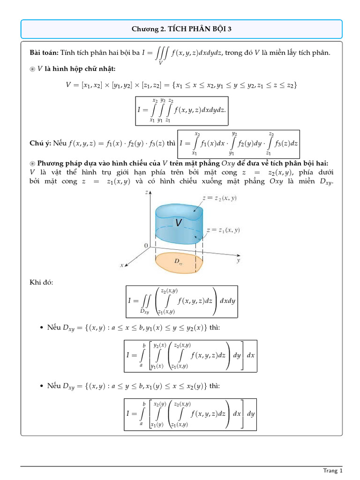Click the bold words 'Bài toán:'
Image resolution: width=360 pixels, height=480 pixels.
pyautogui.click(x=44, y=53)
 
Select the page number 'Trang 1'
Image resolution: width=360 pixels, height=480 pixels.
pyautogui.click(x=333, y=470)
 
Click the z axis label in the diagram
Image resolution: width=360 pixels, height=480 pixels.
pyautogui.click(x=148, y=192)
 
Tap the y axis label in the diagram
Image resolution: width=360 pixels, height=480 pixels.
pyautogui.click(x=239, y=260)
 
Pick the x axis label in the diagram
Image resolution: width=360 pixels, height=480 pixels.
pyautogui.click(x=122, y=265)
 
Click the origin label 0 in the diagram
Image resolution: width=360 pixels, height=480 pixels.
pyautogui.click(x=146, y=246)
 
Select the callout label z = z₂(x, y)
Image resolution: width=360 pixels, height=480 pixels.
pyautogui.click(x=219, y=198)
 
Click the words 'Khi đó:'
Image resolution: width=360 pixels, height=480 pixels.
pyautogui.click(x=41, y=282)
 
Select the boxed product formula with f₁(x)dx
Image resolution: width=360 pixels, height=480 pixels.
pyautogui.click(x=239, y=143)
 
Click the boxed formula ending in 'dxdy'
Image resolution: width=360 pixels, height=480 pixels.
pyautogui.click(x=181, y=301)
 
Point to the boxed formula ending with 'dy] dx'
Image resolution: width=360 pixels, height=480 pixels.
pyautogui.click(x=190, y=356)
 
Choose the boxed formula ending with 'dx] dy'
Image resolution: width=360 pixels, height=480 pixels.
pyautogui.click(x=190, y=414)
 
